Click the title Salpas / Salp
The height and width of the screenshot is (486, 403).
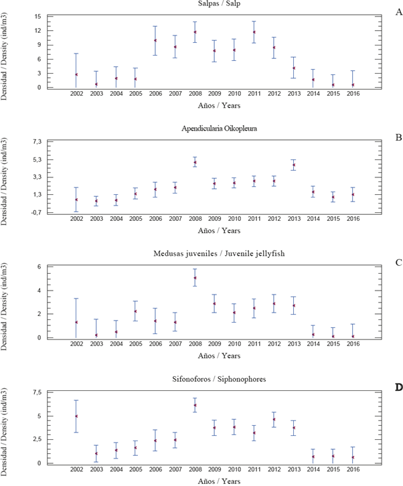[x=214, y=5]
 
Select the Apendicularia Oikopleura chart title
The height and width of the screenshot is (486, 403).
[x=214, y=131]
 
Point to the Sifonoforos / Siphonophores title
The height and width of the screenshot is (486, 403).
[x=214, y=379]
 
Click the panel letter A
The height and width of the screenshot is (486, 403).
[x=398, y=12]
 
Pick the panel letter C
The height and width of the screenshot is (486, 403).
[x=398, y=262]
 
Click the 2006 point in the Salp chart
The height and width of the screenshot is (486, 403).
[x=155, y=40]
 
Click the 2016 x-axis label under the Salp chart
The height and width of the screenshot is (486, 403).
[x=353, y=93]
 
